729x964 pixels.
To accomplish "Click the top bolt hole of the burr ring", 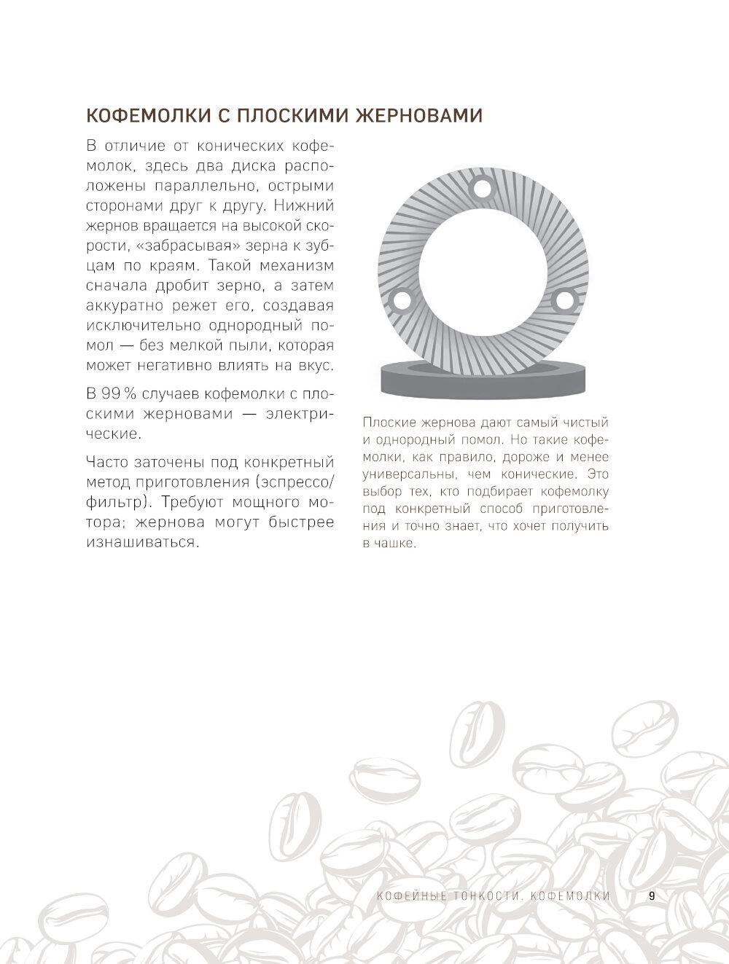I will point(481,187).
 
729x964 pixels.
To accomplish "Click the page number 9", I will point(652,896).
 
